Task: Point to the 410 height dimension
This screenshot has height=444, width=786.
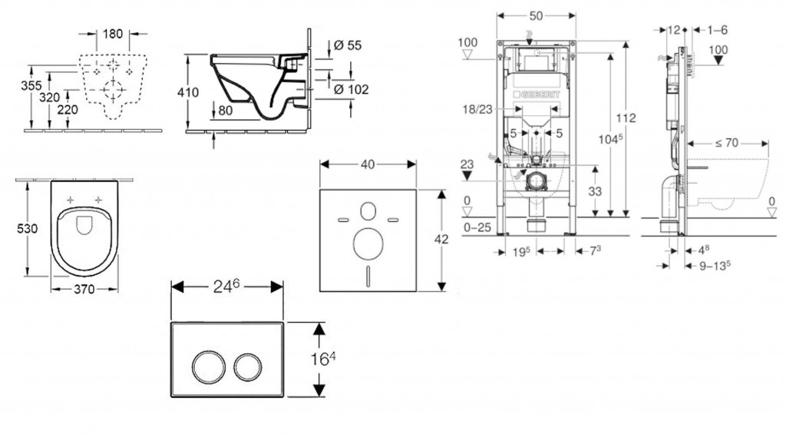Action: [x=188, y=92]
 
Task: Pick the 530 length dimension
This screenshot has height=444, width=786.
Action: [x=27, y=229]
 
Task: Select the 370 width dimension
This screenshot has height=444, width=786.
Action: [x=84, y=289]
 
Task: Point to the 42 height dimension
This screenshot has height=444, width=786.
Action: [x=441, y=239]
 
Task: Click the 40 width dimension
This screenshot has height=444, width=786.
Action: [x=368, y=164]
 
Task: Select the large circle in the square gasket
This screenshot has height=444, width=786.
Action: [x=367, y=244]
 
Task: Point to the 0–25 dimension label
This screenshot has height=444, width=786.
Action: [x=477, y=228]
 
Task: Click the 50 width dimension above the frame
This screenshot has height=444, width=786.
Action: [x=536, y=15]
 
